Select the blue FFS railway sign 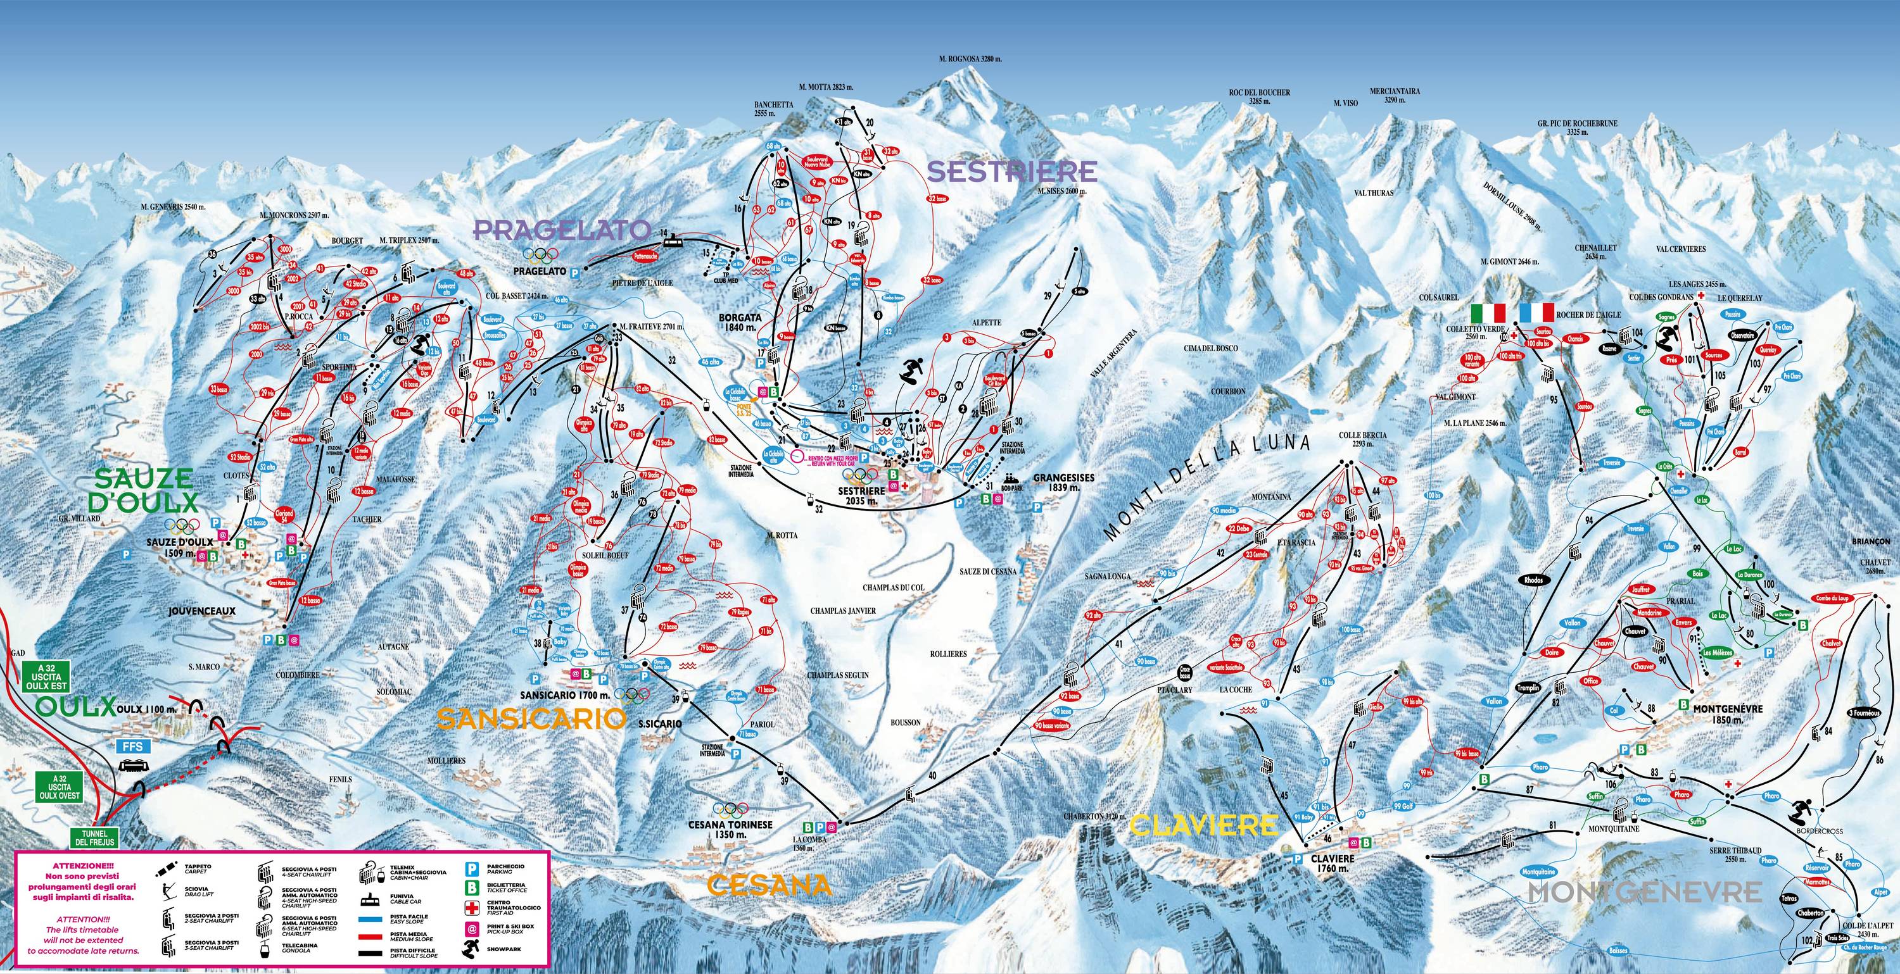[x=133, y=746]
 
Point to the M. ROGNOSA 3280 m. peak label [x=961, y=58]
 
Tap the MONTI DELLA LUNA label [x=1210, y=486]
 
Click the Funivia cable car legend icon [x=371, y=900]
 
